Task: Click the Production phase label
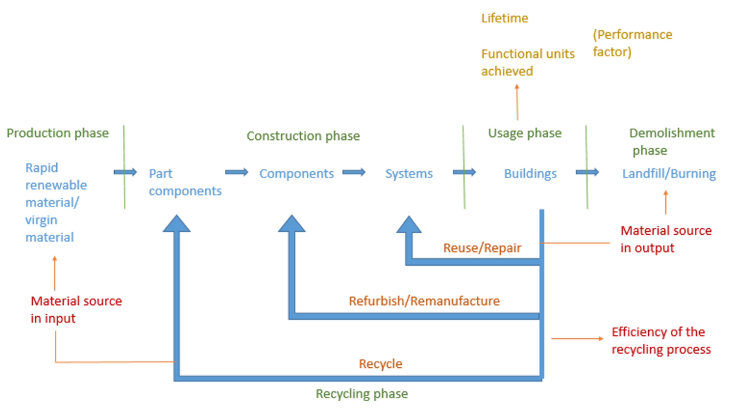58,133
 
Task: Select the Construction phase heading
303,136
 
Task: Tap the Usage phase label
525,133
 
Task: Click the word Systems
409,173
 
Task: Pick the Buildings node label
530,173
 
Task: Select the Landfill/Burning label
669,173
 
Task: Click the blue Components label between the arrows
296,173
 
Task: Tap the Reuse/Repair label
482,248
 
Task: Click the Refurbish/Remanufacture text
424,301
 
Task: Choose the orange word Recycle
380,364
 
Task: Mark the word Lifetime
505,18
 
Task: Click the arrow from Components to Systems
354,172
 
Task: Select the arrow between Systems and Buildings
464,172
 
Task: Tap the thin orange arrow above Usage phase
517,102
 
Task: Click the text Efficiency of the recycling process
661,340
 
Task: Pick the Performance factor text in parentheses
632,43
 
